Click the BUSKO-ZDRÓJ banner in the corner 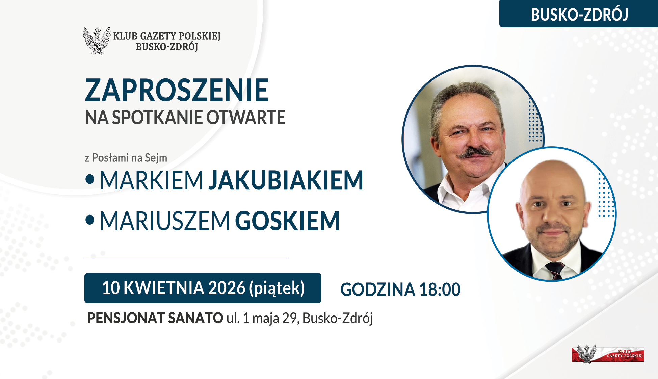point(579,14)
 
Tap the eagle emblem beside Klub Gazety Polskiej point(97,41)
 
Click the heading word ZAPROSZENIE point(177,90)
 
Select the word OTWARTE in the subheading point(246,118)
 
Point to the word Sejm point(156,158)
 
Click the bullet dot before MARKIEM point(90,179)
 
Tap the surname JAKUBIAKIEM point(286,180)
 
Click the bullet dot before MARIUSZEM point(90,220)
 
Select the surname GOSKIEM point(287,221)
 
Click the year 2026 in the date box point(227,288)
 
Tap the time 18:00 point(440,290)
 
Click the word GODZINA point(377,290)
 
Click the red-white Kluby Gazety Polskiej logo point(608,354)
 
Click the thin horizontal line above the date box point(186,259)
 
